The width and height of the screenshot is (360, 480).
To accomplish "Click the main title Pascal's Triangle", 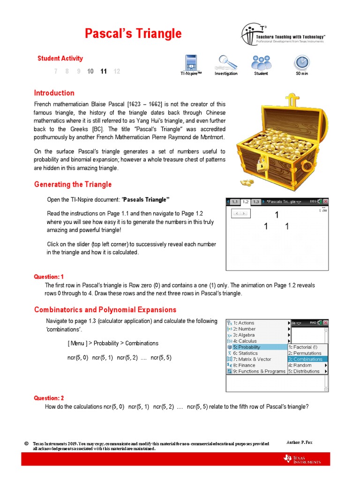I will [133, 34].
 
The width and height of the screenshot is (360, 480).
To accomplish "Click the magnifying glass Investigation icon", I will [225, 62].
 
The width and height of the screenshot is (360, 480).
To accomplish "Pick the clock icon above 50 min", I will [301, 62].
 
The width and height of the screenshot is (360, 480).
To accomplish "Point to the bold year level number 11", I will [104, 71].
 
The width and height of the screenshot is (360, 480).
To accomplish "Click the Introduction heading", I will [54, 93].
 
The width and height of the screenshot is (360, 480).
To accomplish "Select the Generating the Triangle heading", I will [73, 184].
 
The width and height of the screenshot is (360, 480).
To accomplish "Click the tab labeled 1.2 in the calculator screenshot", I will [245, 202].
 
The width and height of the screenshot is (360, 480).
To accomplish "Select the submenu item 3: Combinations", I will [307, 359].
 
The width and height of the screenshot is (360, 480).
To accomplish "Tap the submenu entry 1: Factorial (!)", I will [306, 347].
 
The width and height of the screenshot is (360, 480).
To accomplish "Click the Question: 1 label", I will [49, 277].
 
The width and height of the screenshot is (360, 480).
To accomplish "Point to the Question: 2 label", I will [49, 398].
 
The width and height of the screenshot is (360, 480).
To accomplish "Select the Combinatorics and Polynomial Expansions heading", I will [105, 310].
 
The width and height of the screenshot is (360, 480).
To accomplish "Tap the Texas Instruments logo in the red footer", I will [302, 459].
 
